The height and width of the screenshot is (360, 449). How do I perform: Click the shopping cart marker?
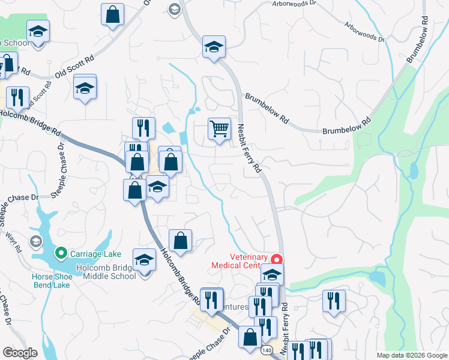point(219,128)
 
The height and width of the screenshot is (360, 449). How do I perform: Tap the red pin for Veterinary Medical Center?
point(277,260)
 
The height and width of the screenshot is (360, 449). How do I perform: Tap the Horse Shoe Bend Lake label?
point(52,280)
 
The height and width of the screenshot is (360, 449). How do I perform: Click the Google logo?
point(20,353)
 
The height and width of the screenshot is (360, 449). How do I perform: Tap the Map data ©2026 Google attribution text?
point(411,355)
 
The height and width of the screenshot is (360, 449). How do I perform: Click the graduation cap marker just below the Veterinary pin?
point(272,275)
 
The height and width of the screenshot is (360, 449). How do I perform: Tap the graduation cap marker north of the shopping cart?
point(213,47)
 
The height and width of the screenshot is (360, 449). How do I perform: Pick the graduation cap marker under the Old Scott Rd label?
point(85,88)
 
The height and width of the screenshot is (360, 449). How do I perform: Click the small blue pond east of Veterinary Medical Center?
point(376,278)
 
